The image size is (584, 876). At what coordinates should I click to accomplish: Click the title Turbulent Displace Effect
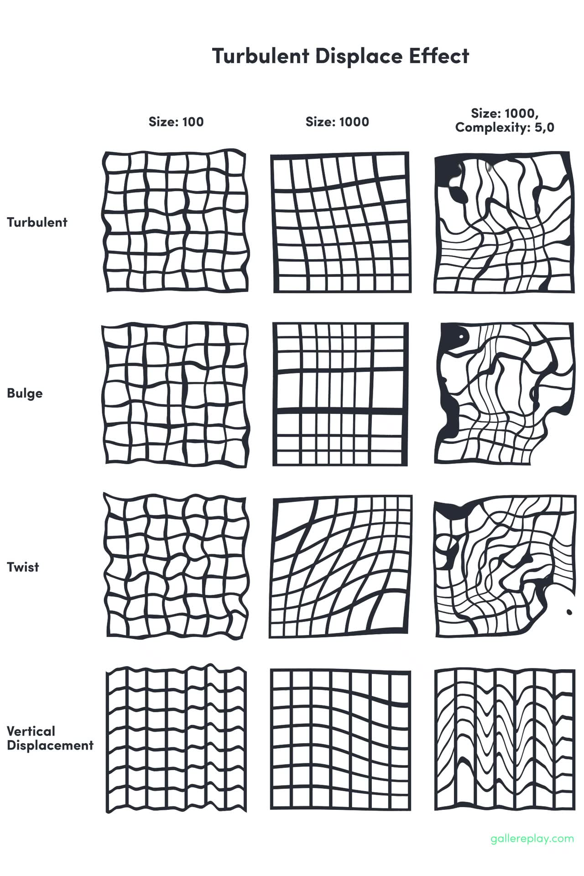point(340,56)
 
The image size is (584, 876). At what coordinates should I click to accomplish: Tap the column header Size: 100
point(176,122)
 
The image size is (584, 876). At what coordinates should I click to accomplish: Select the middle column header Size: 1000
point(337,122)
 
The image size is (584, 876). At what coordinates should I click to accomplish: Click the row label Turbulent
point(37,223)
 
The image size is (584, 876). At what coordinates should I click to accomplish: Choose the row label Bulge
point(25,393)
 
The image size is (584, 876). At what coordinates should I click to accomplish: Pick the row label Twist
point(23,567)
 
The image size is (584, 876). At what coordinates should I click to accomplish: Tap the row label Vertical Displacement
point(50,738)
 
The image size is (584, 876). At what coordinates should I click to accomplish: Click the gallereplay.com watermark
point(532,838)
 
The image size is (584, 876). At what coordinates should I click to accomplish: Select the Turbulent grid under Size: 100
point(176,222)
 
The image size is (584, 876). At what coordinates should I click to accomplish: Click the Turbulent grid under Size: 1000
point(341,223)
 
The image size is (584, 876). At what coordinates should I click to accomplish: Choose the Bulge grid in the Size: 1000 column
point(340,394)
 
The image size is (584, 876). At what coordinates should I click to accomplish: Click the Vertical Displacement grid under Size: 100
point(176,738)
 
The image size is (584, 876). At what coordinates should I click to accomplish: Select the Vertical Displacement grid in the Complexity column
point(504,738)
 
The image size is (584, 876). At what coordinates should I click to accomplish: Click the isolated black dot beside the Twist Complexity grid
point(569,611)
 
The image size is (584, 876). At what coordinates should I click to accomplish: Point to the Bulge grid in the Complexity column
point(504,394)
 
